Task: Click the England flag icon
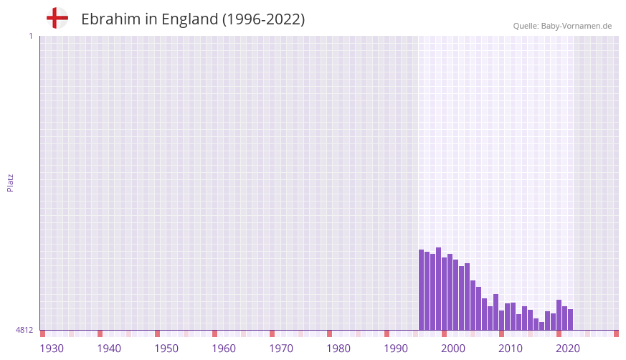[x=57, y=18]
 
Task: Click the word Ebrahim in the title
[x=110, y=19]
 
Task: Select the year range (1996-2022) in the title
[x=263, y=19]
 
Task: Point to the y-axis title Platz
[x=10, y=182]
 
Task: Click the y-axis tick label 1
[x=30, y=36]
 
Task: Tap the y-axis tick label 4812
[x=24, y=330]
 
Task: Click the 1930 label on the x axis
[x=52, y=349]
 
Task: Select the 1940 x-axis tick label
[x=109, y=349]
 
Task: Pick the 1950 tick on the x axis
[x=166, y=349]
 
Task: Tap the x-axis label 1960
[x=224, y=349]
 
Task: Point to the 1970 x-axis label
[x=281, y=349]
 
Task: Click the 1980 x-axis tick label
[x=338, y=349]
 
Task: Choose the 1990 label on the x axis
[x=396, y=349]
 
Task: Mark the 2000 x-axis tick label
[x=453, y=349]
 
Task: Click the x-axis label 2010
[x=511, y=349]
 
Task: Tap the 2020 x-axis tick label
[x=568, y=349]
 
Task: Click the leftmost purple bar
[x=421, y=290]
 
